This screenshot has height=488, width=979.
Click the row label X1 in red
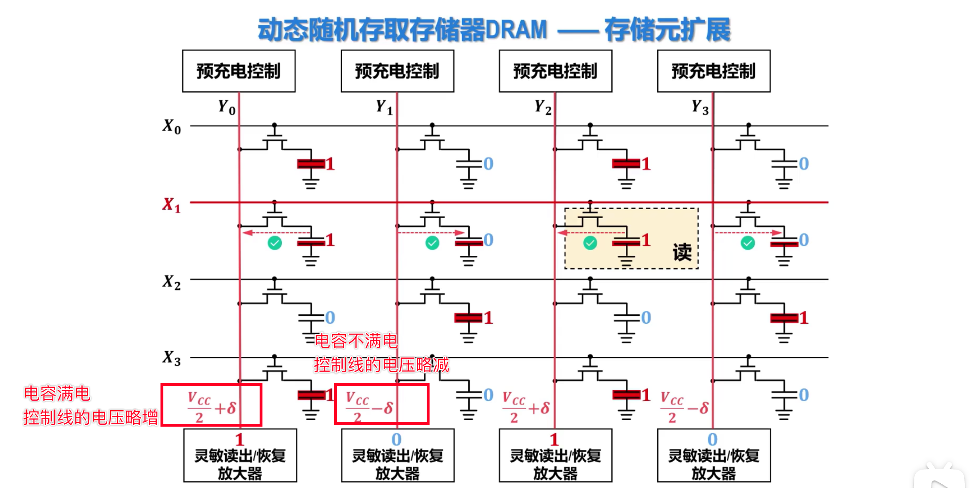[x=171, y=205]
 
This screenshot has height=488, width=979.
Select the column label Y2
[x=542, y=108]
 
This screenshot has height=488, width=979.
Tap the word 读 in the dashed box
[x=682, y=252]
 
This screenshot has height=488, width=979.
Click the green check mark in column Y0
[x=275, y=243]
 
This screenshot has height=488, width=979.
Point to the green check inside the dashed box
[x=590, y=243]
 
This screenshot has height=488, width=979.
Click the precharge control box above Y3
[x=713, y=71]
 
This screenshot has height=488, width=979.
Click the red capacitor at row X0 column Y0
[x=311, y=164]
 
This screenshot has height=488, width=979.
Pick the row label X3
[x=171, y=358]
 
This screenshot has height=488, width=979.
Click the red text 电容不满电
[x=356, y=341]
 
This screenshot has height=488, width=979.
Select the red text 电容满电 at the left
[x=57, y=394]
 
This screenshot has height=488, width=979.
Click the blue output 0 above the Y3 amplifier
[x=712, y=439]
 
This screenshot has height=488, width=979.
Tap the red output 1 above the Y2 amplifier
[x=554, y=439]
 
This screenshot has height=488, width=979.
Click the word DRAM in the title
[x=516, y=29]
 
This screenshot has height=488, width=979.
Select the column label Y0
[x=227, y=108]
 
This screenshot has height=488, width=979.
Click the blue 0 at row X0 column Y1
[x=488, y=164]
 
